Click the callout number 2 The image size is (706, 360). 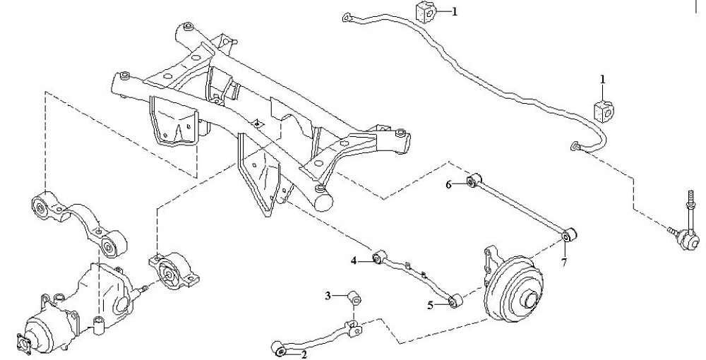coord(304,355)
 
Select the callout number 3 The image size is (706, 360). coord(328,296)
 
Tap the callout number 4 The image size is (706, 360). coord(354,260)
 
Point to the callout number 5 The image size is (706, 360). coord(431,306)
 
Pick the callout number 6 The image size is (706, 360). coord(448,184)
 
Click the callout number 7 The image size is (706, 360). coord(564,263)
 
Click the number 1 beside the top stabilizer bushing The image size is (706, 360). coord(454,12)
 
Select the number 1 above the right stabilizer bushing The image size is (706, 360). coord(602,80)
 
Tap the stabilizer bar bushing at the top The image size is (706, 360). coord(426,12)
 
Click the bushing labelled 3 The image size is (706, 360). coord(355,298)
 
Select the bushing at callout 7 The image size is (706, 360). coord(570,235)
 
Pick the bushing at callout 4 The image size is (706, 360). coord(380,257)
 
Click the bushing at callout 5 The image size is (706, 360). coord(455,300)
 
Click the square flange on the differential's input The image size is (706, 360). coord(23,342)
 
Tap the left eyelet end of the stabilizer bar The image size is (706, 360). coord(347,18)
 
